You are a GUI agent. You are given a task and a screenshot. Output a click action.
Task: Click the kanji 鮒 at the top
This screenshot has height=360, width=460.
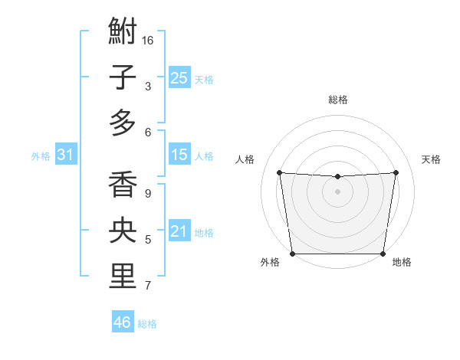[123, 33]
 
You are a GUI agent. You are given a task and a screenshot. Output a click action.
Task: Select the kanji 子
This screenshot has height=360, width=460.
[123, 77]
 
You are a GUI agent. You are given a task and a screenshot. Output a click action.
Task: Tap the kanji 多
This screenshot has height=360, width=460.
[123, 122]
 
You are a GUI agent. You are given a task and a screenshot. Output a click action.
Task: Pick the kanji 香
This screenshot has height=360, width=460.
[123, 185]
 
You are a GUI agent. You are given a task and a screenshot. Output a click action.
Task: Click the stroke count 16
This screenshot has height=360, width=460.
[149, 40]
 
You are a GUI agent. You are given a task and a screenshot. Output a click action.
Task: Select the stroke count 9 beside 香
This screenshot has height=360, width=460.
[148, 194]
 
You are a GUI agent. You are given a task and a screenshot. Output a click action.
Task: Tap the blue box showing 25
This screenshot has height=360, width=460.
[179, 77]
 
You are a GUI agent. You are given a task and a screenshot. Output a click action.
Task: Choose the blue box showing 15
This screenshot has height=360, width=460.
[179, 155]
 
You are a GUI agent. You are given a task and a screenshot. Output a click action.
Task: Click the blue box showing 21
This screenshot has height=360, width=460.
[179, 231]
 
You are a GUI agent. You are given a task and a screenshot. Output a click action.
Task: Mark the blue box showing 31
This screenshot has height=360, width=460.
[65, 155]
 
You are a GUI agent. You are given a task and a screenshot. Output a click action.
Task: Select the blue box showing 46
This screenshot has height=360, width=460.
[122, 322]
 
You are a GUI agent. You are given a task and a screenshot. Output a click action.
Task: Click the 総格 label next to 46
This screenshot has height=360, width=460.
[147, 324]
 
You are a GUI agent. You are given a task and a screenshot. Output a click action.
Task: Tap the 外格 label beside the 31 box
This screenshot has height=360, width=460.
[41, 156]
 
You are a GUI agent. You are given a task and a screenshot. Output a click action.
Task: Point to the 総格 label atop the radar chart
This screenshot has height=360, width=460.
[337, 100]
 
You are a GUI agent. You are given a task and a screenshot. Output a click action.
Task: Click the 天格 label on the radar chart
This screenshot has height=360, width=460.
[431, 159]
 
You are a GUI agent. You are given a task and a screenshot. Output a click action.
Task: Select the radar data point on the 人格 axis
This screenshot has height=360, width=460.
[279, 172]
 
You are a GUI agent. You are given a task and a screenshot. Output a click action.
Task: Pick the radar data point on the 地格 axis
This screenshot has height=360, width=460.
[383, 254]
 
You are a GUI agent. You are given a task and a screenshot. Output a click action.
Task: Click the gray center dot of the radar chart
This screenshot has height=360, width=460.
[337, 191]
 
